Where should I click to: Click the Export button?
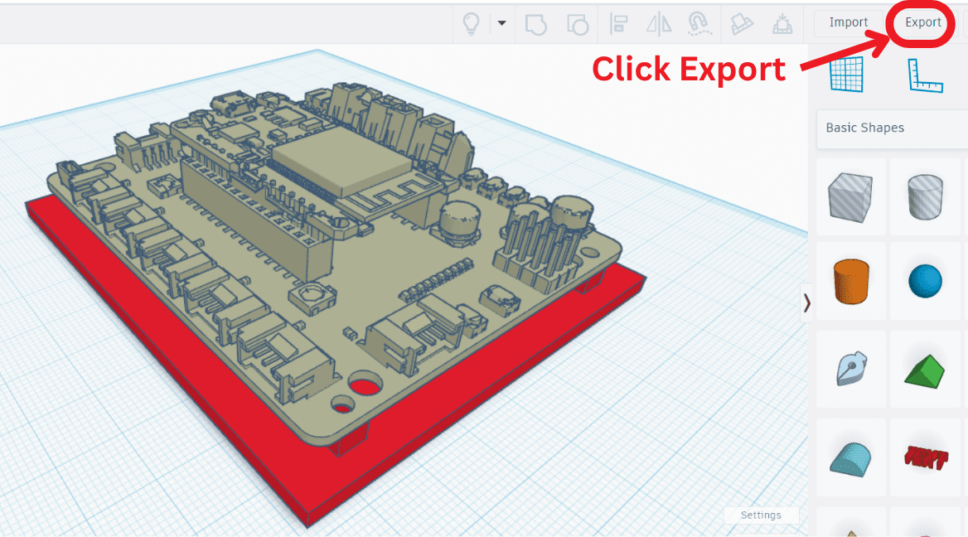tap(922, 22)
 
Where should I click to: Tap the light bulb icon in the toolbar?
tap(471, 23)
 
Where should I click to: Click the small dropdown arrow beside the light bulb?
tap(501, 23)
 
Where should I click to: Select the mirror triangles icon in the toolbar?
tap(659, 23)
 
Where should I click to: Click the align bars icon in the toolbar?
tap(618, 23)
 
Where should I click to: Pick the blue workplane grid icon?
tap(846, 75)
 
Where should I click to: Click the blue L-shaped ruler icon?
tap(925, 75)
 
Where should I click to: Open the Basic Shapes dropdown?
tap(891, 128)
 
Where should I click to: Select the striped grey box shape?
tap(851, 196)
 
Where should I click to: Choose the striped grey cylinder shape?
tap(925, 196)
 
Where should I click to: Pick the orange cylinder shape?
tap(851, 282)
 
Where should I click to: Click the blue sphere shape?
tap(925, 282)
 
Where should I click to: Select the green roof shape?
tap(925, 370)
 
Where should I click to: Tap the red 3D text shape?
tap(925, 457)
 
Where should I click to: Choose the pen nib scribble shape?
tap(851, 370)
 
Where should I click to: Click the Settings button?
tap(761, 515)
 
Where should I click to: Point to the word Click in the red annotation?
tap(630, 69)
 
